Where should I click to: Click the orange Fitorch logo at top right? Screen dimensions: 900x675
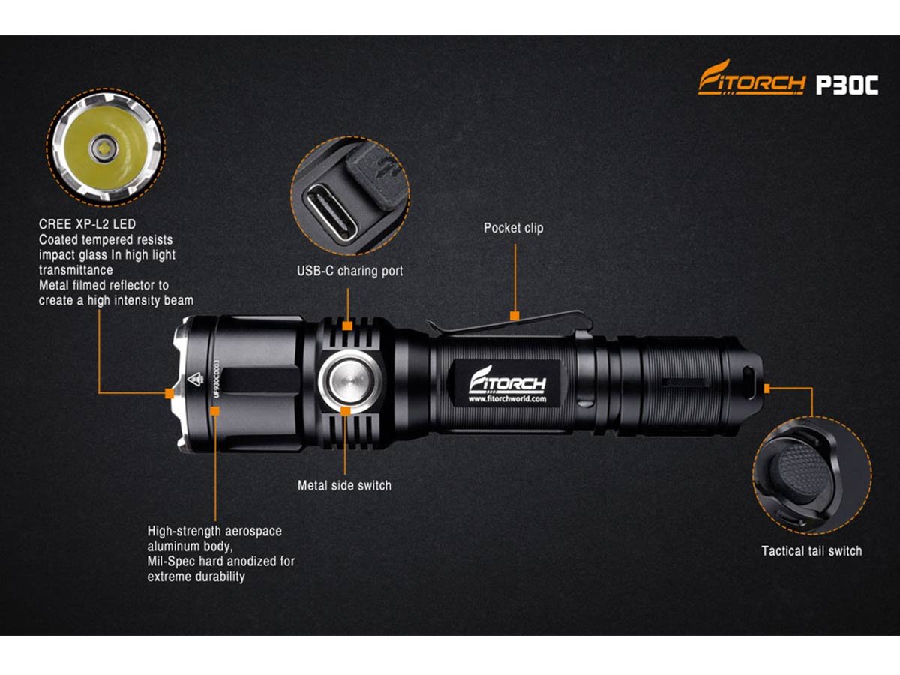coord(751,78)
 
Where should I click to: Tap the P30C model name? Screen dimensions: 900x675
coord(847,85)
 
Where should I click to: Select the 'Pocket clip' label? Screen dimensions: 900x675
coord(513,228)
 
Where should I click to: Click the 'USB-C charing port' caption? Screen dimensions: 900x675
coord(349,271)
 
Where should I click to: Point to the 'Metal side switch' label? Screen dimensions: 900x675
coord(344,486)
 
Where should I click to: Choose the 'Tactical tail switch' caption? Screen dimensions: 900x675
coord(811,551)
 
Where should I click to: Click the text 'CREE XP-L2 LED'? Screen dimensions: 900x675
coord(87,224)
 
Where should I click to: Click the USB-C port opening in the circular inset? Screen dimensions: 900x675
coord(331,213)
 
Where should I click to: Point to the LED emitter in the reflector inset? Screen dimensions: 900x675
coord(104,148)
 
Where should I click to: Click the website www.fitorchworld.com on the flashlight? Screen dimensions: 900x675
coord(507,399)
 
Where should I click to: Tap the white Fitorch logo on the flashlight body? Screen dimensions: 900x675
coord(507,379)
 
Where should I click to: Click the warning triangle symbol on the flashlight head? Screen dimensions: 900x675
coord(195,379)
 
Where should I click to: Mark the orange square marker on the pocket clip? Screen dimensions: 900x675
coord(514,316)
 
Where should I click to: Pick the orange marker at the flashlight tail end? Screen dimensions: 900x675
coord(767,388)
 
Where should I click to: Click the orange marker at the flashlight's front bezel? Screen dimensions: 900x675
coord(169,394)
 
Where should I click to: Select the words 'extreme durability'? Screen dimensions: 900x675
coord(196,577)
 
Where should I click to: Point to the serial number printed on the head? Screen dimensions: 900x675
coord(217,379)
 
